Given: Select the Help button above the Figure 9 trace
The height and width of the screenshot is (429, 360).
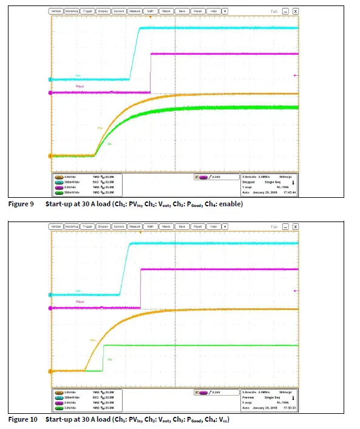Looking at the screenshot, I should [213, 11].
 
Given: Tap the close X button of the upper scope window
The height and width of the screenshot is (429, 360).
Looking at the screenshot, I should [295, 11].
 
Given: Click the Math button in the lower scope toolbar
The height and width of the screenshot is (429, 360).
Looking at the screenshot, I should [150, 226].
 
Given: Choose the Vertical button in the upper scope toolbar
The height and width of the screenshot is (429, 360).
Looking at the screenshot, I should [56, 11].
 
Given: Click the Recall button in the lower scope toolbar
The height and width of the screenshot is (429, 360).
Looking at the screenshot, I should [197, 226].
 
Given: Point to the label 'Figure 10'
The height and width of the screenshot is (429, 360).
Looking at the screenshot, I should [22, 419].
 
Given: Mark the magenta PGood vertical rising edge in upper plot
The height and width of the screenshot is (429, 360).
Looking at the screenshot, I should [150, 73].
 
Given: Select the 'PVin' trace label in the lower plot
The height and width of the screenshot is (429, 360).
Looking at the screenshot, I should [93, 340].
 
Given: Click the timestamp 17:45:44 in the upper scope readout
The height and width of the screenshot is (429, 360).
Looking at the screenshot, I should [288, 192].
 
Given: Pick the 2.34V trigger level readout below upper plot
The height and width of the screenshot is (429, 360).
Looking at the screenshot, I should [215, 177].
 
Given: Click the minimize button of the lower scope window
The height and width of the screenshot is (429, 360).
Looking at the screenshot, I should [285, 226].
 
